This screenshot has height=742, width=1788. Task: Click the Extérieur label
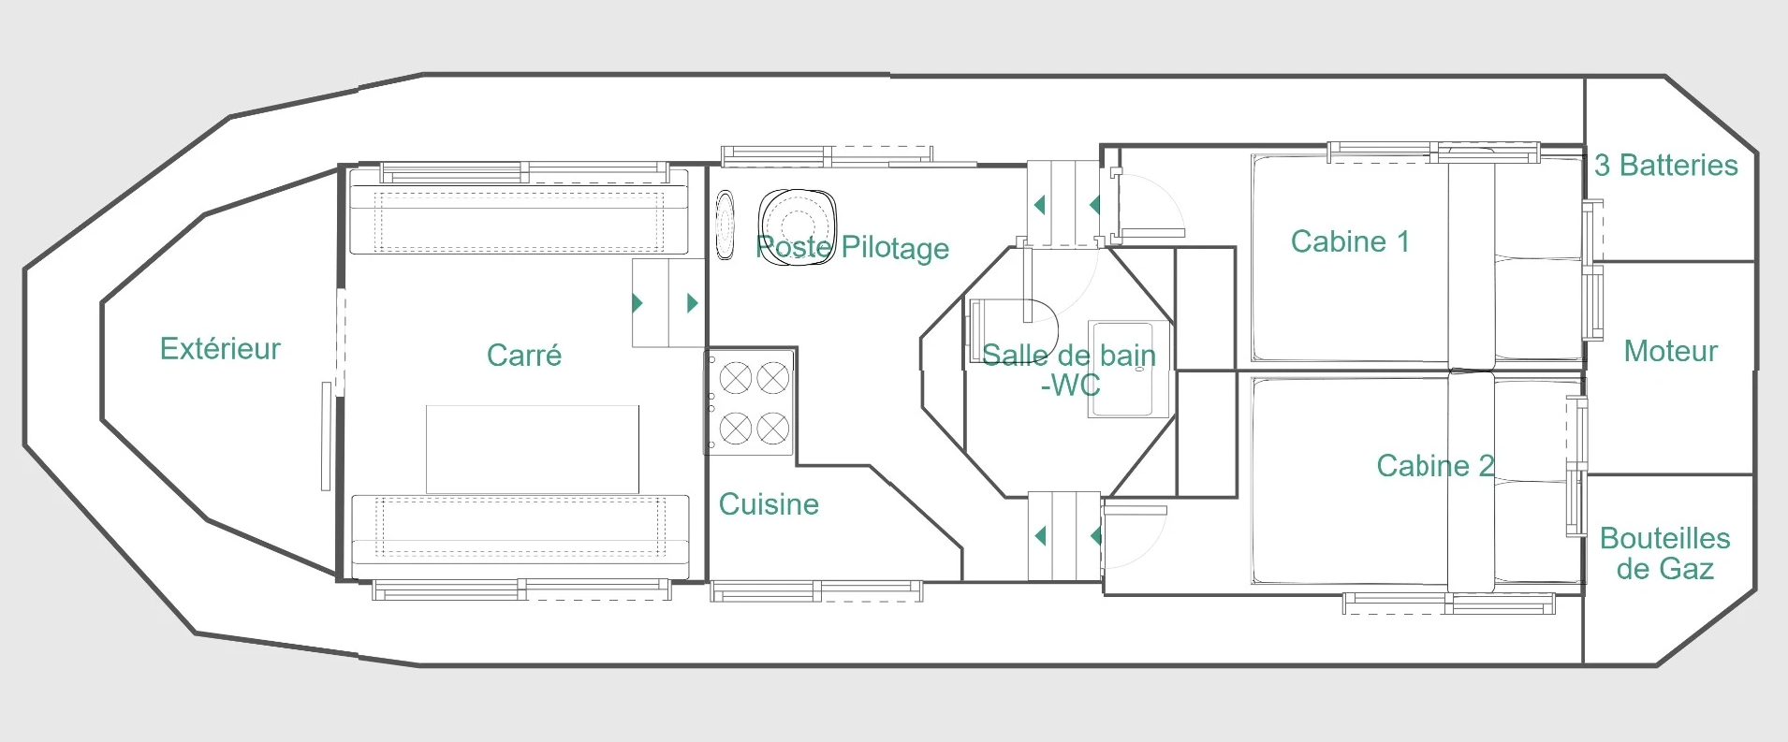point(220,348)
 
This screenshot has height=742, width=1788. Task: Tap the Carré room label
point(524,355)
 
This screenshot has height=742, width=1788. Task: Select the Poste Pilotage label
point(853,248)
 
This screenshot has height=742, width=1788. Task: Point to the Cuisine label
point(769,504)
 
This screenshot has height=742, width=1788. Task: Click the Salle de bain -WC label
point(1069,370)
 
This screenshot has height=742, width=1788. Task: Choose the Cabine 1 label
point(1350,241)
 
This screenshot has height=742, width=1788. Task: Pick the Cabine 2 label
point(1435,466)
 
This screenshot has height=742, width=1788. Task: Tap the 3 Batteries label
point(1666,165)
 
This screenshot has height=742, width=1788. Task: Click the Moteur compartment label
point(1671,351)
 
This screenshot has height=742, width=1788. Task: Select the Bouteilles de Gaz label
point(1665,553)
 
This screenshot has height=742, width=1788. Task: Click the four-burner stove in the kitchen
point(752,402)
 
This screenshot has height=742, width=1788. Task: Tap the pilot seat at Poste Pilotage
point(797,226)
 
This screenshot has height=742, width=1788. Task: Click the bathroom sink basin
point(1129,370)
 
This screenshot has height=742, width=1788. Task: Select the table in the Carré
point(533,449)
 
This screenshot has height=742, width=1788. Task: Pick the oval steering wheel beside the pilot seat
point(725,225)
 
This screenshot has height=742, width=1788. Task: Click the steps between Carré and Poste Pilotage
point(668,303)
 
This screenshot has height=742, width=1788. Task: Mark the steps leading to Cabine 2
point(1064,536)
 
